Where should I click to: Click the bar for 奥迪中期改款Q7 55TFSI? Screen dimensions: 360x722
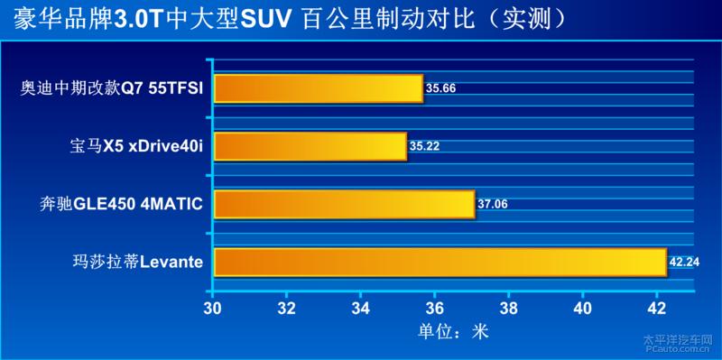pyautogui.click(x=318, y=88)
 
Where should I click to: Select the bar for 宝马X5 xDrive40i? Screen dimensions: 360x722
pyautogui.click(x=310, y=145)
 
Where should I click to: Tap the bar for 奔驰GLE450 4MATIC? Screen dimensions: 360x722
pyautogui.click(x=344, y=204)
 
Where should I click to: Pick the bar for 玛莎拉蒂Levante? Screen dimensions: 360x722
pyautogui.click(x=440, y=262)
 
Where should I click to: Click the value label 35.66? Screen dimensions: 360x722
pyautogui.click(x=440, y=88)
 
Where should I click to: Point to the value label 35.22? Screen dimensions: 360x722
pyautogui.click(x=424, y=145)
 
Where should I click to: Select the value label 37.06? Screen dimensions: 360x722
pyautogui.click(x=493, y=204)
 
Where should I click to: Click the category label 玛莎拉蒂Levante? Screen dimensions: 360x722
pyautogui.click(x=137, y=262)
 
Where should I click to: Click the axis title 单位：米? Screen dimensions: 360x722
pyautogui.click(x=452, y=331)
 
